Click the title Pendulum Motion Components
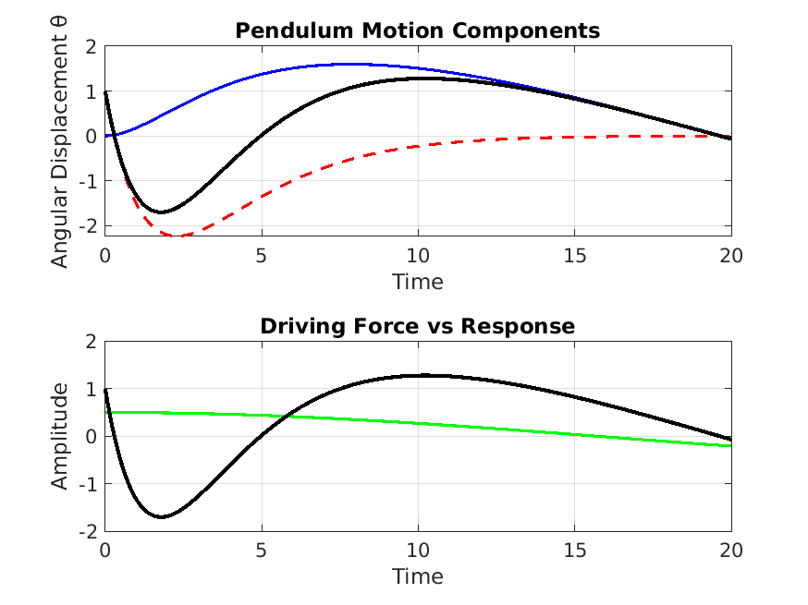coord(417,30)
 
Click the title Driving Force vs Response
coord(417,326)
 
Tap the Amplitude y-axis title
coord(60,436)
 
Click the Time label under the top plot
coord(417,281)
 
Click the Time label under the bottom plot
coord(417,576)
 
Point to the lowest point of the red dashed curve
coord(178,236)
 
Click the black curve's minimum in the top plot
coord(162,212)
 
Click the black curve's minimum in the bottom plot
coord(162,517)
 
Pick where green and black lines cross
coord(288,415)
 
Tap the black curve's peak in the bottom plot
coord(424,375)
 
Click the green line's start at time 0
coord(106,412)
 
